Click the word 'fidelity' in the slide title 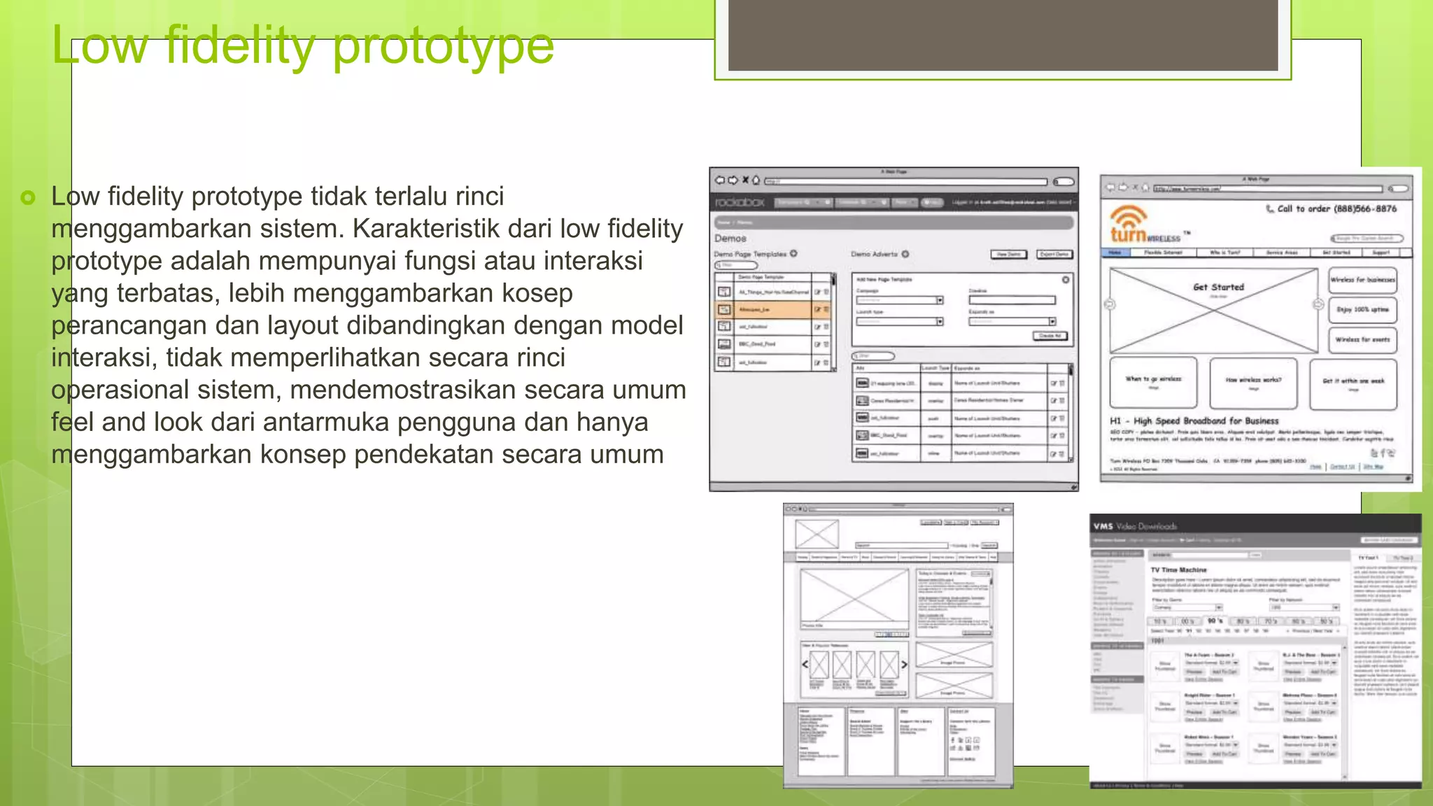point(241,45)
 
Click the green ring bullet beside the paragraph point(28,198)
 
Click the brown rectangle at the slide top point(1003,35)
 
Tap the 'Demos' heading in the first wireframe point(730,239)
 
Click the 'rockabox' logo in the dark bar point(740,202)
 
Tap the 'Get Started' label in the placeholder point(1218,287)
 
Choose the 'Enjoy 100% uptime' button point(1362,309)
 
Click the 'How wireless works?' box point(1253,382)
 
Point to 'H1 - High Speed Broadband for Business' point(1194,421)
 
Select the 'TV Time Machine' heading point(1178,570)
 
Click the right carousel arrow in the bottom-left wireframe point(904,664)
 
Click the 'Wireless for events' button point(1362,339)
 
